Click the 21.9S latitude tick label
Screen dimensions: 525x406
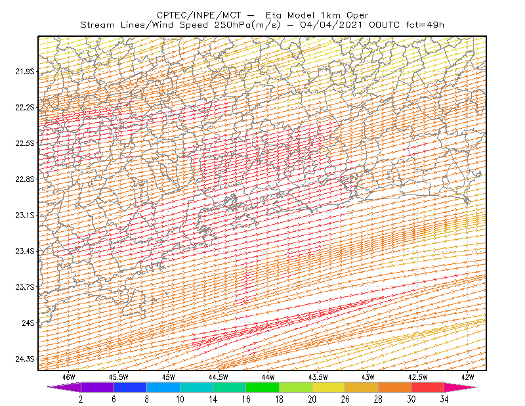25,72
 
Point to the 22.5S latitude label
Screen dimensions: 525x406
25,143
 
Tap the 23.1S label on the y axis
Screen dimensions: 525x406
25,215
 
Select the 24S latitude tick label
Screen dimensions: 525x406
28,323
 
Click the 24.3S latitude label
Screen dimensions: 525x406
25,359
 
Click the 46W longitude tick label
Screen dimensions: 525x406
69,377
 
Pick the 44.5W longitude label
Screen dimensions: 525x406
219,377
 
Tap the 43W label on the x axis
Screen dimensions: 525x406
367,377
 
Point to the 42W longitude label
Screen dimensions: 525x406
467,377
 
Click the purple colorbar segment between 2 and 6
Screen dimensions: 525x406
97,387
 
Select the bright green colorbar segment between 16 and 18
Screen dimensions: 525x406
262,387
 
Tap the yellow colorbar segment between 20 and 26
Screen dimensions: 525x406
329,387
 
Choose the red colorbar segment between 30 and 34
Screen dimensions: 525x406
428,387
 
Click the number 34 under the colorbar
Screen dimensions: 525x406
444,399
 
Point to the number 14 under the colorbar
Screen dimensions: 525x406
213,399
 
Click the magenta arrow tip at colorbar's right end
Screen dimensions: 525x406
477,387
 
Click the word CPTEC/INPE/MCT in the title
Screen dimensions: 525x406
199,15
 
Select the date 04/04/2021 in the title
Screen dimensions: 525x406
331,25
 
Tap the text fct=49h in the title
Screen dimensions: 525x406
425,25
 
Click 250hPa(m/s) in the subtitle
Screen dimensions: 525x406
247,25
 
